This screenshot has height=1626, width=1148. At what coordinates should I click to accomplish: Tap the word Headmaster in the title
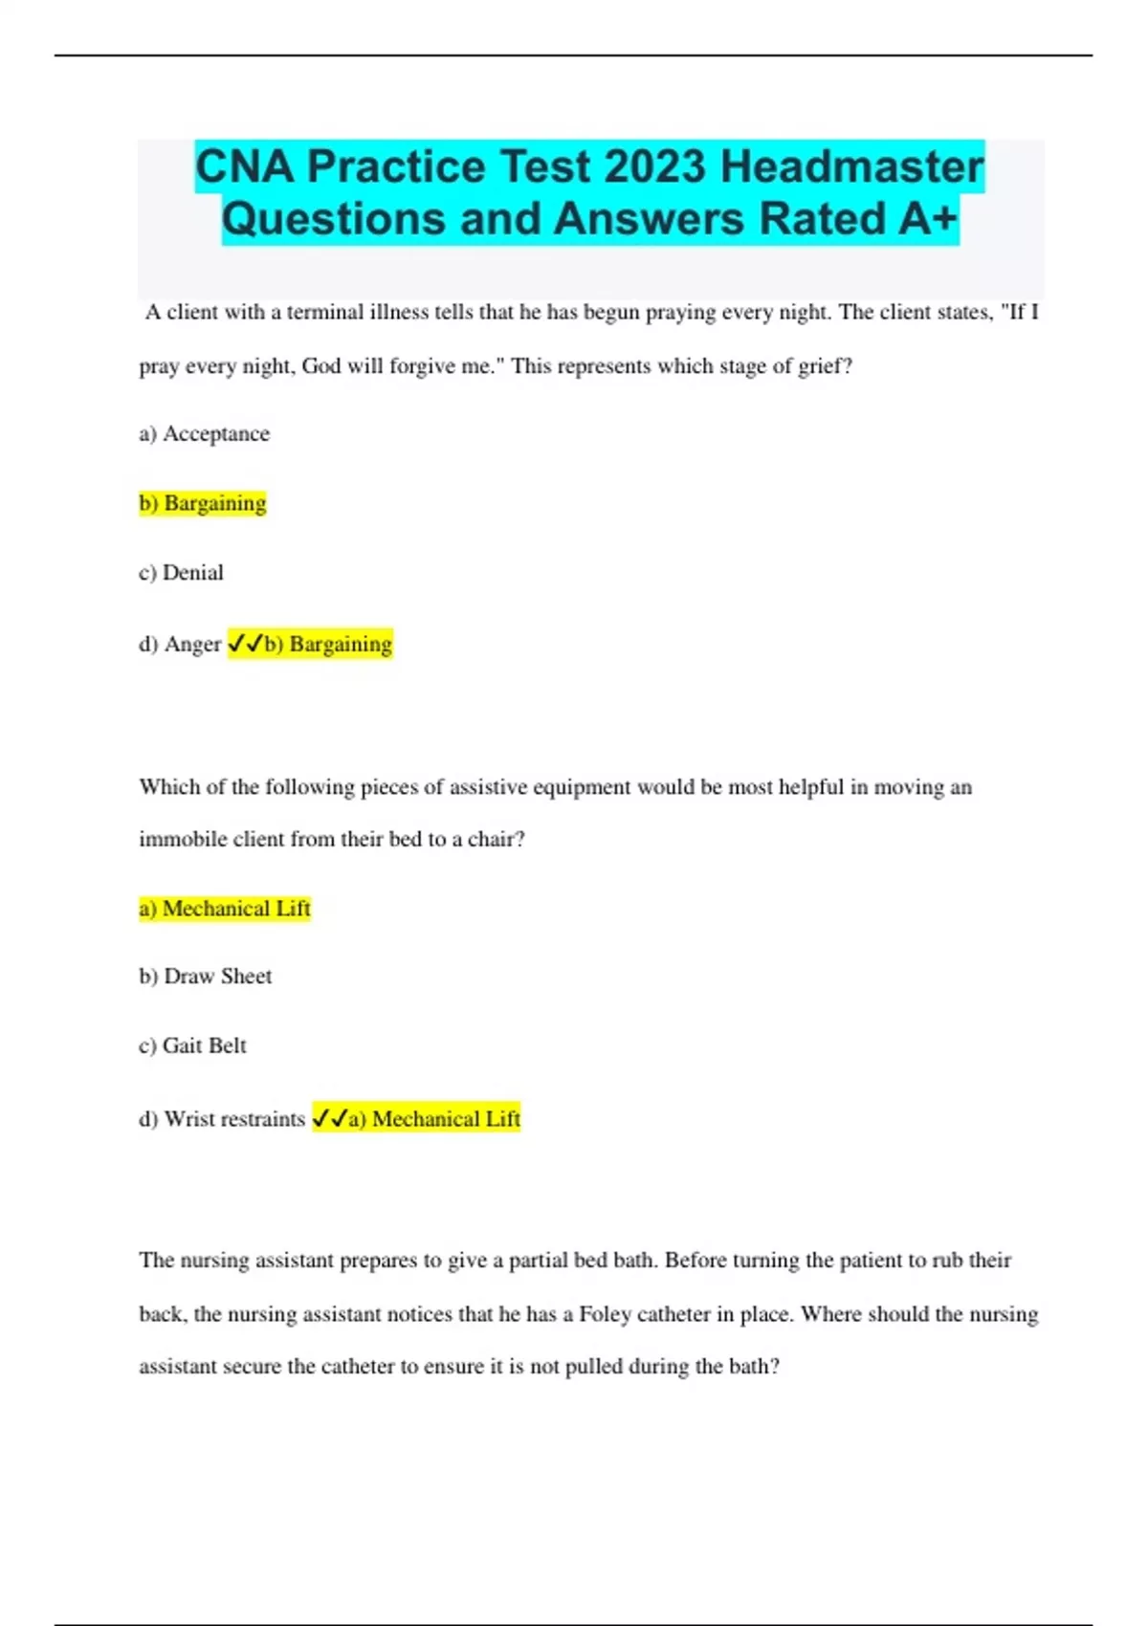click(x=851, y=166)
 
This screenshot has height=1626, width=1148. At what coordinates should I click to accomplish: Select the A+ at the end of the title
click(x=928, y=219)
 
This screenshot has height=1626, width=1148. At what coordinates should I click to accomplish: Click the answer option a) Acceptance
click(x=205, y=434)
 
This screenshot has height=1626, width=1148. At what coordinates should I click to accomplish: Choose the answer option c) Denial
click(x=182, y=573)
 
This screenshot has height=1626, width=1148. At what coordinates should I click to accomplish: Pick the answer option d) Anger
click(x=180, y=645)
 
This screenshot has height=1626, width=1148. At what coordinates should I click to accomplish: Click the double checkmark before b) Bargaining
click(x=245, y=645)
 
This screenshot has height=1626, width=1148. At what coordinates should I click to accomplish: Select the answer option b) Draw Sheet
click(x=206, y=977)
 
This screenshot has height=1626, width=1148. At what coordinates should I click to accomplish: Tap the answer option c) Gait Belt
click(x=192, y=1046)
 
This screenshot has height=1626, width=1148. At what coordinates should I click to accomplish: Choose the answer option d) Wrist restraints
click(x=222, y=1119)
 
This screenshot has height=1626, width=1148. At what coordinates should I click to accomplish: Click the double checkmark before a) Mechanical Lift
click(x=329, y=1119)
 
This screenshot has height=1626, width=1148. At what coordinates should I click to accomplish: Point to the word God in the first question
click(x=321, y=366)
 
